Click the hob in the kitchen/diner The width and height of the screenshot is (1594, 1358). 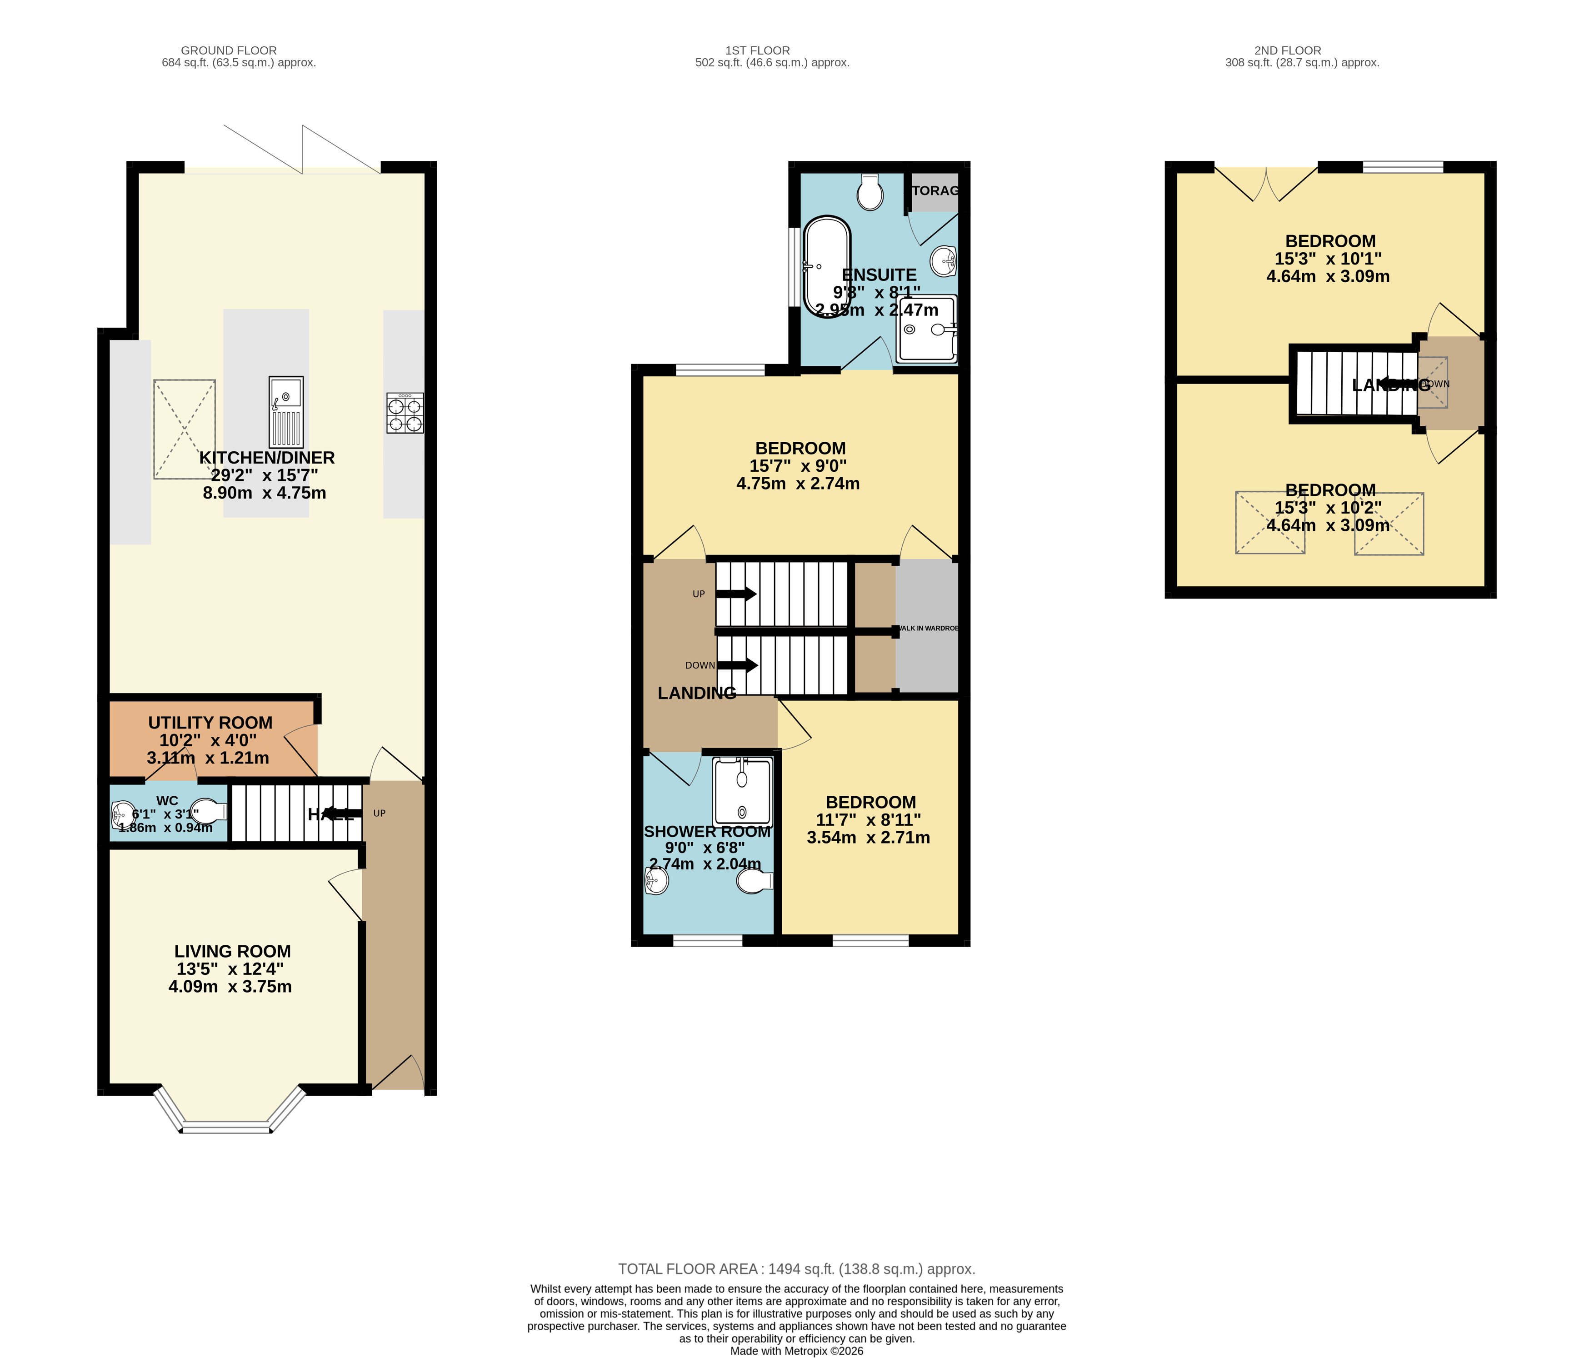405,413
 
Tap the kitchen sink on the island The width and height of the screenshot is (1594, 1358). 286,412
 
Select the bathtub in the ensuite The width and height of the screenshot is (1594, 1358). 827,266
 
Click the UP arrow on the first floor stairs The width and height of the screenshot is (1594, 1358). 736,594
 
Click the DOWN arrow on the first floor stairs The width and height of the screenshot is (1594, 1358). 737,665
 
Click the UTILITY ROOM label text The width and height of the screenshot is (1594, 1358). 210,723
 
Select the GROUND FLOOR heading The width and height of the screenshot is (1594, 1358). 229,51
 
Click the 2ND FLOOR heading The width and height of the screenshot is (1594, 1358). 1287,51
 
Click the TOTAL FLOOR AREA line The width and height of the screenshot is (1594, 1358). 796,1269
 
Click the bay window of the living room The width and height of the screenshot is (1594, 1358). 227,1126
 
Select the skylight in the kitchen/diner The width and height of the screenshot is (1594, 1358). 184,429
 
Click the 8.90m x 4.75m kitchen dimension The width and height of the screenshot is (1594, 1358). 264,493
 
